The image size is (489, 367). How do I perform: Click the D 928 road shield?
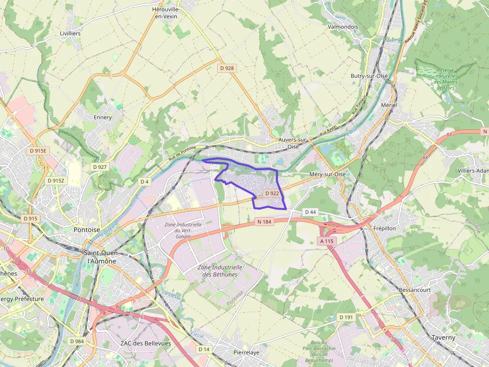pyautogui.click(x=226, y=68)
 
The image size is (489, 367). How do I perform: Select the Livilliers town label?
pyautogui.click(x=70, y=33)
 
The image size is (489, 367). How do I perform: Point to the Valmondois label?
pyautogui.click(x=343, y=27)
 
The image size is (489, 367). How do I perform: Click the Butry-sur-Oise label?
pyautogui.click(x=369, y=76)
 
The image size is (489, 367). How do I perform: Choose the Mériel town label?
pyautogui.click(x=389, y=106)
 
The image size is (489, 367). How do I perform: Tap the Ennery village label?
pyautogui.click(x=103, y=118)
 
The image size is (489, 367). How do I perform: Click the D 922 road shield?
pyautogui.click(x=272, y=193)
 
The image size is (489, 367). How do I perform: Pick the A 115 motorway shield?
pyautogui.click(x=327, y=241)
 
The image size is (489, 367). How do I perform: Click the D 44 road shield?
pyautogui.click(x=310, y=212)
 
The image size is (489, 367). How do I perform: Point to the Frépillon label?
pyautogui.click(x=385, y=228)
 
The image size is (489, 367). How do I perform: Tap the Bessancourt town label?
pyautogui.click(x=415, y=289)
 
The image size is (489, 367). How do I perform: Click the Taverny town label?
pyautogui.click(x=443, y=337)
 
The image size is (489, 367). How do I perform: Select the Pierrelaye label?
pyautogui.click(x=246, y=353)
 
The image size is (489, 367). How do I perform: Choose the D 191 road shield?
pyautogui.click(x=346, y=317)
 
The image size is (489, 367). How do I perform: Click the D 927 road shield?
pyautogui.click(x=100, y=167)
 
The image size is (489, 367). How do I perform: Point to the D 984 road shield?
pyautogui.click(x=77, y=341)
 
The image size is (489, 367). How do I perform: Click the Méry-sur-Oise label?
pyautogui.click(x=327, y=174)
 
